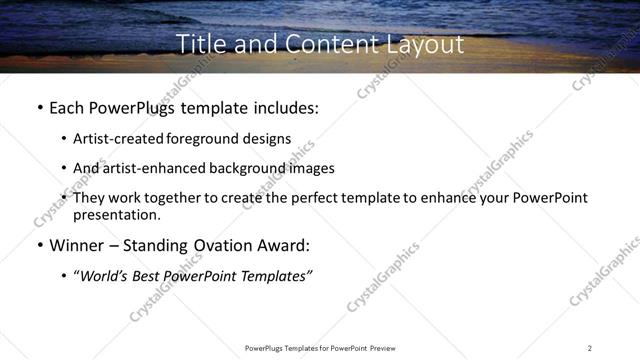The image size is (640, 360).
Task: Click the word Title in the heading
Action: point(198,45)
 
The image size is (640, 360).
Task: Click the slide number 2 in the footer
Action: point(590,348)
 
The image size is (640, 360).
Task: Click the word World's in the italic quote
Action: point(105,276)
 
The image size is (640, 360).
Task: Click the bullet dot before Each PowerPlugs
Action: point(39,107)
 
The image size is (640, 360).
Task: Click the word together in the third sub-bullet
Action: point(189,198)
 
